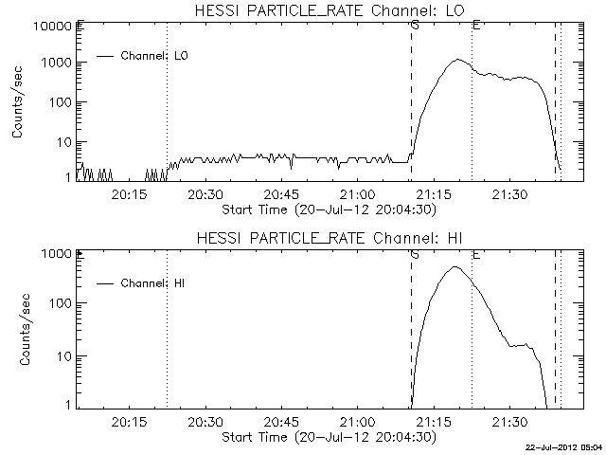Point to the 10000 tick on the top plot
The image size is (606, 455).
click(x=46, y=26)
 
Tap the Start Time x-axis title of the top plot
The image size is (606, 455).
click(x=327, y=209)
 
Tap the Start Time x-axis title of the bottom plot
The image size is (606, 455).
click(x=327, y=437)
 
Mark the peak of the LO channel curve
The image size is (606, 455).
click(x=457, y=60)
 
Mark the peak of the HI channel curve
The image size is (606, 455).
click(x=455, y=267)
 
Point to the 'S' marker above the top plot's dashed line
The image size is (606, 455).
click(x=415, y=25)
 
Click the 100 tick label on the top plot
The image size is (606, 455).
click(x=57, y=102)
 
